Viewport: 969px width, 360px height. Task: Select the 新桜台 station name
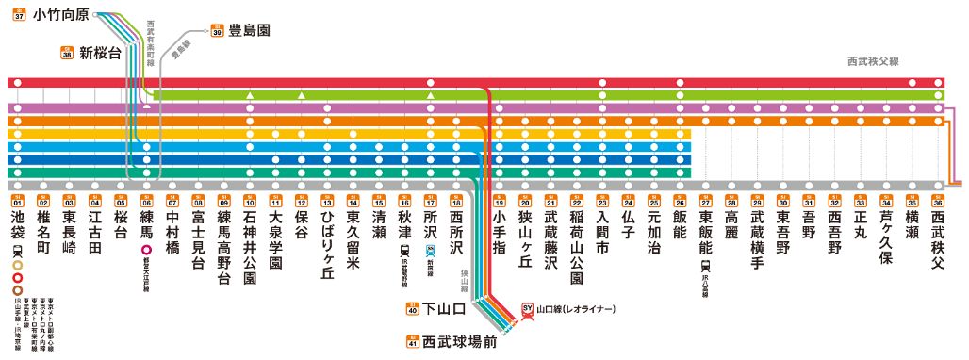tap(100, 53)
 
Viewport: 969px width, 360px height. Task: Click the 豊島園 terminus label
tap(249, 30)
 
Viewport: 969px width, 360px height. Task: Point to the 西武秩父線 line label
tap(874, 61)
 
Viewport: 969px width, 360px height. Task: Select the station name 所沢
tap(430, 227)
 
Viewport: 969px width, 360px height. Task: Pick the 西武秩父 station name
tap(937, 238)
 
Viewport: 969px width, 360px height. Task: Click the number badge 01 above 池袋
tap(17, 202)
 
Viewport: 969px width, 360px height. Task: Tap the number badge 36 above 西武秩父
tap(937, 202)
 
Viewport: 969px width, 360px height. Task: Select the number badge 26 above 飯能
tap(679, 202)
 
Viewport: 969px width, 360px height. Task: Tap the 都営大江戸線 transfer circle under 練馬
tap(146, 252)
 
